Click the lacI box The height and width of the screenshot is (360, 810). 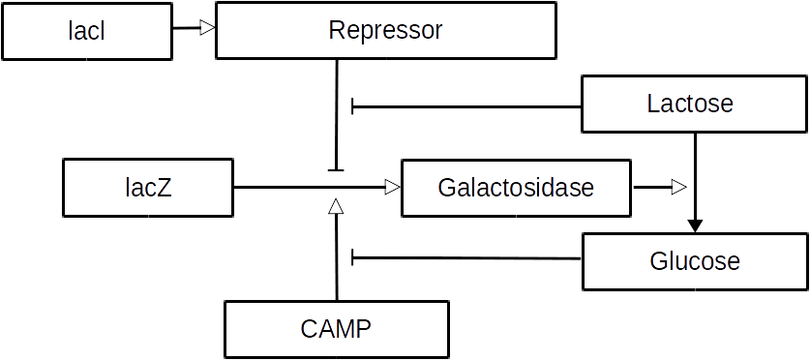tap(86, 30)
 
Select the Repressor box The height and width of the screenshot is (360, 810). tap(385, 30)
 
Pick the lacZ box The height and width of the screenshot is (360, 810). tap(148, 188)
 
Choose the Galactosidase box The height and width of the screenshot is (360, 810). tap(515, 188)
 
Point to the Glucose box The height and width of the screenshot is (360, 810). tap(694, 260)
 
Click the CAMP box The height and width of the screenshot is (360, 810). tap(336, 328)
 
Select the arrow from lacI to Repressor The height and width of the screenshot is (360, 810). tap(192, 29)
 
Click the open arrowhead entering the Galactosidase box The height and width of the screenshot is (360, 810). tap(392, 187)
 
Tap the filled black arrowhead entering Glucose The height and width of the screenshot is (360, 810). tap(695, 225)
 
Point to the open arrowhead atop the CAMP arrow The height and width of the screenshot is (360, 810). tap(336, 206)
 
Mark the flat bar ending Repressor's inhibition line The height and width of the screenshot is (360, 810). tap(336, 170)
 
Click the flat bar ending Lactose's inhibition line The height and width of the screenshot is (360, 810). tap(353, 105)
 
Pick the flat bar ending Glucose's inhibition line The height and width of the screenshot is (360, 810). tap(353, 257)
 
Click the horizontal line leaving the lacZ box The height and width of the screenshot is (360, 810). tap(290, 187)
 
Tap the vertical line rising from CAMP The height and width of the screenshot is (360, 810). tap(336, 261)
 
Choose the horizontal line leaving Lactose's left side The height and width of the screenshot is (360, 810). tap(465, 105)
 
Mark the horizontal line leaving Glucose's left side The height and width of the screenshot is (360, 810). tap(465, 257)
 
